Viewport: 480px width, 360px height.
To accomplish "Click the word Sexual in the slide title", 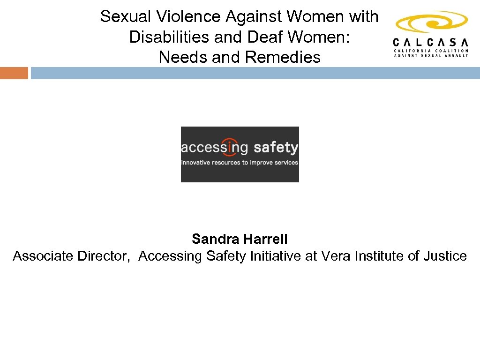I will pos(126,17).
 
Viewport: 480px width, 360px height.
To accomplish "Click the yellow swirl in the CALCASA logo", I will pos(431,22).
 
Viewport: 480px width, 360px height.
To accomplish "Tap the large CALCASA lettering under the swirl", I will pos(431,41).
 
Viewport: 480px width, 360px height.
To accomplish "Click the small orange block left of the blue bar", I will pos(14,73).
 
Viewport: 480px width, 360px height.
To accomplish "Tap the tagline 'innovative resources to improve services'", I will pos(240,163).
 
